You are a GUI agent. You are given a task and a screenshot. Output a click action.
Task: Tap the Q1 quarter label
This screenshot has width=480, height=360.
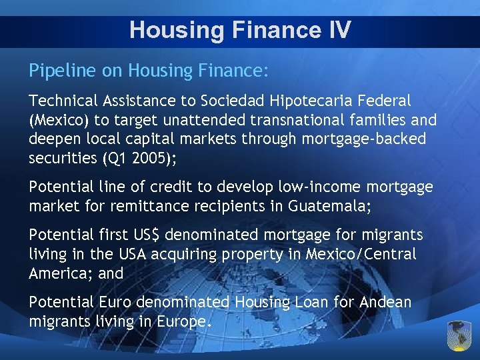tap(117, 159)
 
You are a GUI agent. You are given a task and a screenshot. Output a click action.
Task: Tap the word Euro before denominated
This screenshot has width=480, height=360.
tap(115, 303)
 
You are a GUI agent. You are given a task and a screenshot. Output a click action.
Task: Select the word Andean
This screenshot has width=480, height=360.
tap(385, 303)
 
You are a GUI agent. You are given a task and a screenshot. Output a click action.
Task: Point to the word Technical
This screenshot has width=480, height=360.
tap(63, 101)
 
